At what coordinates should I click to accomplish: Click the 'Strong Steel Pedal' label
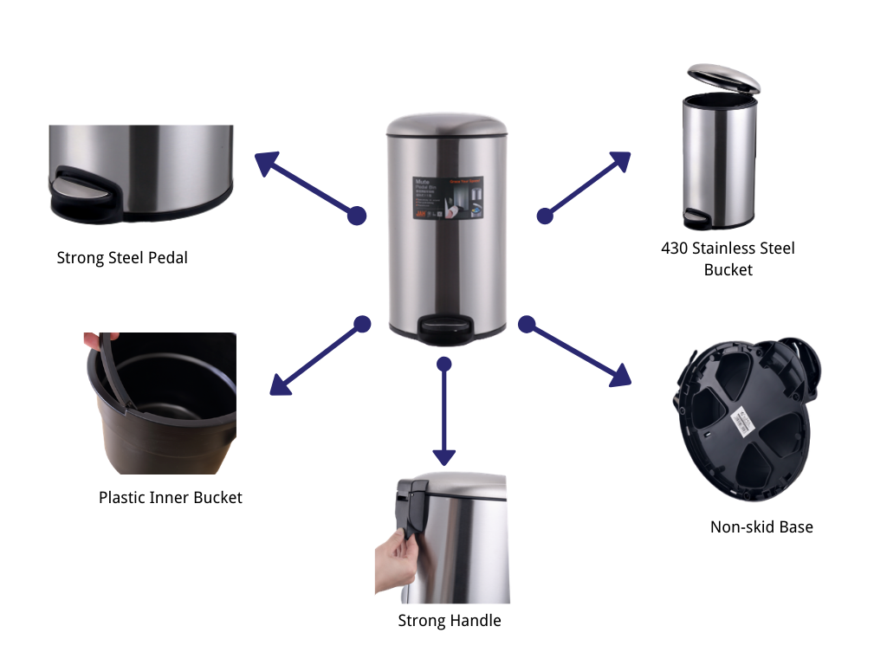click(122, 257)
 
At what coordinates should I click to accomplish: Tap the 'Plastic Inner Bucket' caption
click(171, 497)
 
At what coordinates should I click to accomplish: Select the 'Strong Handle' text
click(450, 620)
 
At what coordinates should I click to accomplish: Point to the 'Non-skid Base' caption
click(761, 526)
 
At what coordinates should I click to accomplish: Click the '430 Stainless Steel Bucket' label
click(728, 259)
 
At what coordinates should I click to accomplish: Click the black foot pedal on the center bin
click(445, 326)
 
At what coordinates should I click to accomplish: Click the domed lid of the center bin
click(446, 124)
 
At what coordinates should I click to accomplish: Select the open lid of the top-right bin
click(724, 80)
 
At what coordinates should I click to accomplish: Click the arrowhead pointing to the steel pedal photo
click(265, 162)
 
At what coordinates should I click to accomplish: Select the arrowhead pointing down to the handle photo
click(443, 457)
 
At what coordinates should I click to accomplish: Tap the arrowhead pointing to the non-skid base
click(621, 376)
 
